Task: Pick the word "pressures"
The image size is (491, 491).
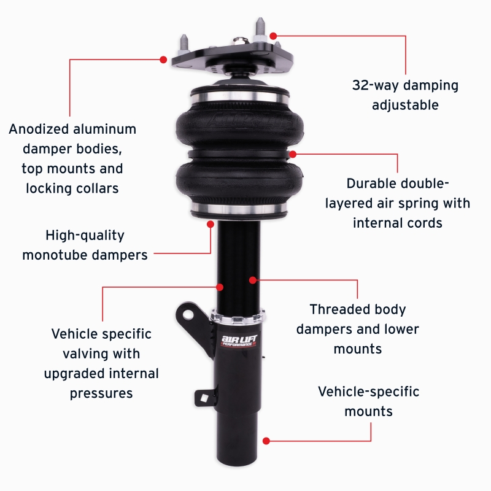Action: point(101,393)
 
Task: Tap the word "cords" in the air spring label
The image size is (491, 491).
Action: point(422,222)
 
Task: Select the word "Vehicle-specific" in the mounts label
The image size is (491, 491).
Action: point(368,391)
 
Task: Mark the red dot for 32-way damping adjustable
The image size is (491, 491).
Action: point(273,36)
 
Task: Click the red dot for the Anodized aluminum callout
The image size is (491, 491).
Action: point(163,60)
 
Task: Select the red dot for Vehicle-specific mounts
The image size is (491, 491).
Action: point(266,441)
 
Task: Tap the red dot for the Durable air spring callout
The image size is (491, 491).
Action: point(292,154)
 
